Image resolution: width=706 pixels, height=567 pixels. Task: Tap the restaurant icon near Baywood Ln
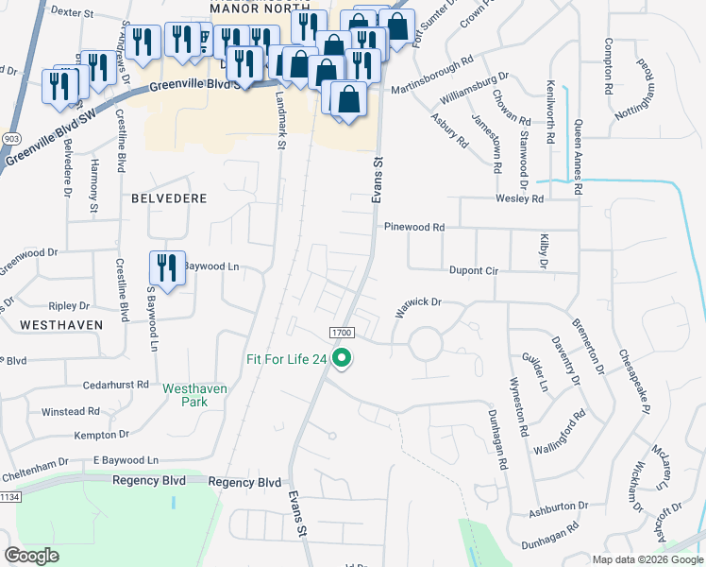167,268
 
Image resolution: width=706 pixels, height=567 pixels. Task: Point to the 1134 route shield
9,495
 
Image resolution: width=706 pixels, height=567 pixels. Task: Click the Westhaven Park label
195,394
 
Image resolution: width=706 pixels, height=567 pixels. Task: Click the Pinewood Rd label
413,228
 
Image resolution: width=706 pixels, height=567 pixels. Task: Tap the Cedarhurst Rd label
116,385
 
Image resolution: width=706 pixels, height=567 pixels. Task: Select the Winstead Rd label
71,411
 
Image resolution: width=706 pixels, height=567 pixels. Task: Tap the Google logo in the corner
31,556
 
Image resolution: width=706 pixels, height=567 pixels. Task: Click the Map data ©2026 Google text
647,559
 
